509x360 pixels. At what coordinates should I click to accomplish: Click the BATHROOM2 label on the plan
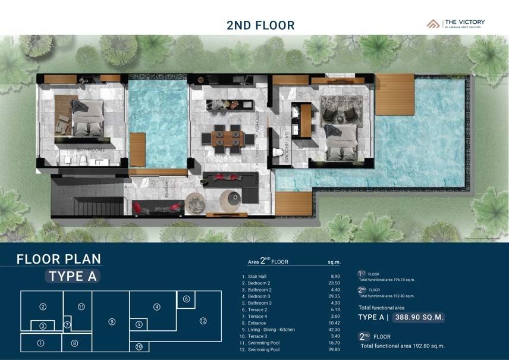pos(92,149)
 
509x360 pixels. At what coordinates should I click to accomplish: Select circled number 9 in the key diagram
pos(112,322)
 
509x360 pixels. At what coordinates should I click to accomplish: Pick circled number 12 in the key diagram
pos(203,321)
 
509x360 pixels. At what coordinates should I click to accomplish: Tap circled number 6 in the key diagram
pos(186,299)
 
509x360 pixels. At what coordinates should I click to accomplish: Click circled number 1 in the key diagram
pos(40,343)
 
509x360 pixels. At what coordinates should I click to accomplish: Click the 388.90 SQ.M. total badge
pos(419,317)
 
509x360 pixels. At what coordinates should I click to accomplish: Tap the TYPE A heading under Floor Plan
pos(72,276)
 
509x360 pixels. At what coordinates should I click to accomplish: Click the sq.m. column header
pos(334,262)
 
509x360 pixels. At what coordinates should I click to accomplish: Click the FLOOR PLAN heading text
pos(59,259)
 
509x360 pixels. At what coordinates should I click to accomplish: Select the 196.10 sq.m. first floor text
pos(387,279)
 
